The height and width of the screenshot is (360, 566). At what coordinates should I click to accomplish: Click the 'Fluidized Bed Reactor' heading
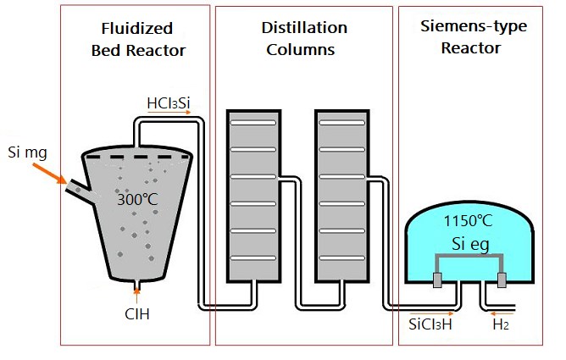coord(138,40)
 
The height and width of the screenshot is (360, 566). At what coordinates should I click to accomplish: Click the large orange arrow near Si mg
coord(50,174)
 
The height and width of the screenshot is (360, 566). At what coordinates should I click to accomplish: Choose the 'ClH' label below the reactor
coord(138,316)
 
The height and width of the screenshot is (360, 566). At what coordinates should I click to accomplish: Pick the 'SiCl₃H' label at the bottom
coord(430,324)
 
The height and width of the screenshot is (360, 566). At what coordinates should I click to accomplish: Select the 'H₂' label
coord(502,324)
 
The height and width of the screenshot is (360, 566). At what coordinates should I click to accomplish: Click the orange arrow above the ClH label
coord(138,296)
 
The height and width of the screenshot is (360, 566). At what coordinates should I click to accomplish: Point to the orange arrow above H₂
coord(501,313)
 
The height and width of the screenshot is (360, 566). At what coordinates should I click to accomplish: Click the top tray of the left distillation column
coord(254,124)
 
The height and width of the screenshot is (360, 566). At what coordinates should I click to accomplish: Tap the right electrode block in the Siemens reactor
coord(502,280)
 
